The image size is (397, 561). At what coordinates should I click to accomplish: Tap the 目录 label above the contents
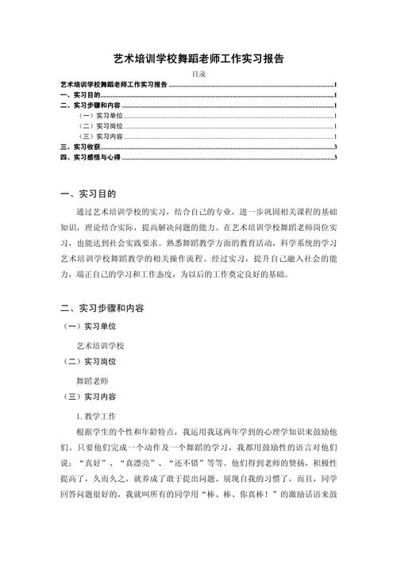(x=198, y=74)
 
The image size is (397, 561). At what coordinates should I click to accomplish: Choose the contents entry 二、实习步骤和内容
(x=91, y=105)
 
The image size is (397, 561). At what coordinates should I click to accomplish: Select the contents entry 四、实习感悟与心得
(x=91, y=158)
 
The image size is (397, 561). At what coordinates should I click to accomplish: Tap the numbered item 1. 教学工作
(x=96, y=414)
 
